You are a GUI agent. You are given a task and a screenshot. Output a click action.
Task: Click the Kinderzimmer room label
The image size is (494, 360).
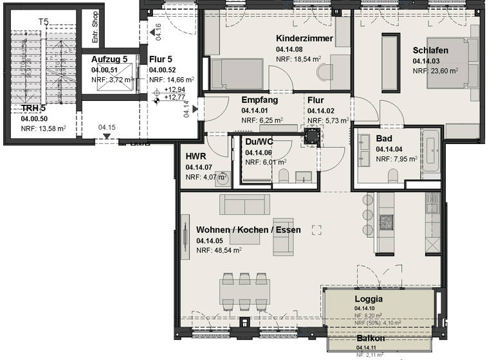coord(304,39)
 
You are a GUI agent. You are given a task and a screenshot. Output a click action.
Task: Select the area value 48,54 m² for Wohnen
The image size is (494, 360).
coord(219,251)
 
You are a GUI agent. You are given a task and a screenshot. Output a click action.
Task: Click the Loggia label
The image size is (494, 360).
coord(369,299)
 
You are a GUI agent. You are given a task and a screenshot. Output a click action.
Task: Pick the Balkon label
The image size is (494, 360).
coord(371,339)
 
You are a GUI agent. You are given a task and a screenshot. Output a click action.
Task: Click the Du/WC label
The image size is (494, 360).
coord(259,142)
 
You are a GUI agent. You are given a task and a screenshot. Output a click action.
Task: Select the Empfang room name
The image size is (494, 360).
coord(259,100)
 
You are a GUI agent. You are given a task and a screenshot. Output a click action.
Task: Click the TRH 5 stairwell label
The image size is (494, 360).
coord(33,108)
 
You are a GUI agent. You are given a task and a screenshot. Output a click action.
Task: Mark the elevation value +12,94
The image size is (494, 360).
coord(174,89)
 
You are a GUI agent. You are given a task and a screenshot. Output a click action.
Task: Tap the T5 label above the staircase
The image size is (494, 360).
coord(43,22)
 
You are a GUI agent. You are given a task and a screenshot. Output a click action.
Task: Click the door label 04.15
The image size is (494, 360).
coord(107,128)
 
